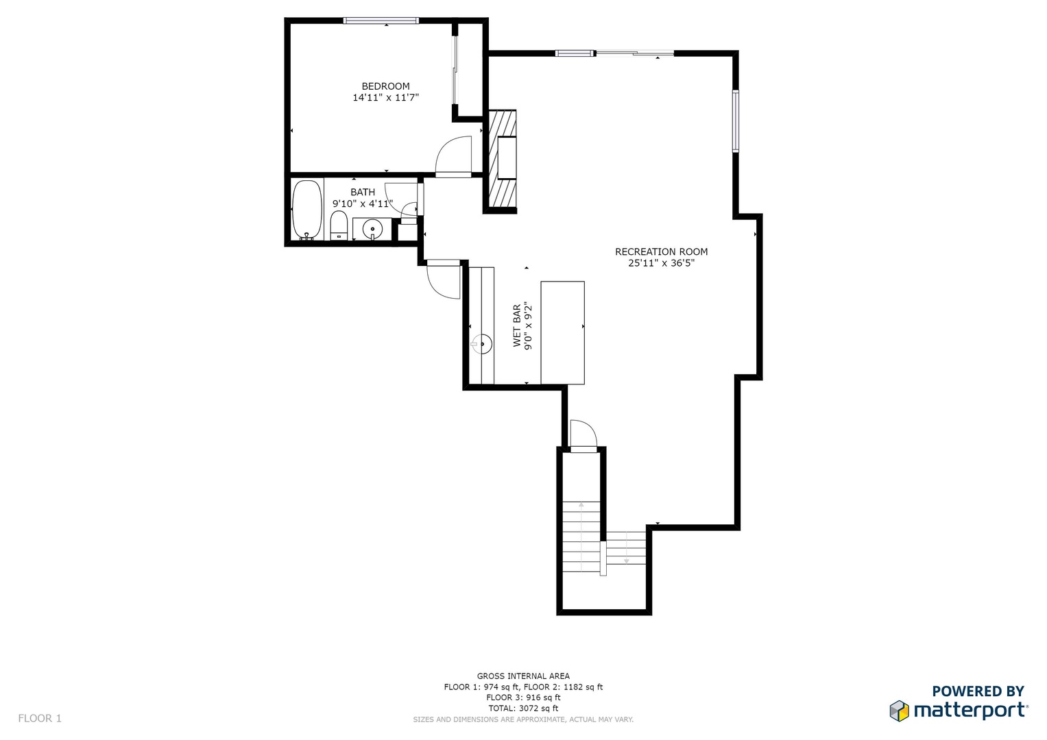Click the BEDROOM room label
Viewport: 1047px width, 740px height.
point(385,86)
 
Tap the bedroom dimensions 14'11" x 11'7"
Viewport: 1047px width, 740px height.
point(385,97)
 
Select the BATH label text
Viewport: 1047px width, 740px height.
point(363,192)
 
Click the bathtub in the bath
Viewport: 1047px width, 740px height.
point(307,210)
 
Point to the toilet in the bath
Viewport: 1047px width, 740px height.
point(339,225)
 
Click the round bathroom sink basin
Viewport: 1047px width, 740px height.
point(372,229)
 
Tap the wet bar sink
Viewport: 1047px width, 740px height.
point(482,345)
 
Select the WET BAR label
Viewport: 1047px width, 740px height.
point(517,325)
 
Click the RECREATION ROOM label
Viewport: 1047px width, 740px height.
point(662,252)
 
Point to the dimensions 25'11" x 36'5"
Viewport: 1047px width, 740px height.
point(662,263)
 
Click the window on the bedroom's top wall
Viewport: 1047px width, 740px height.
point(381,21)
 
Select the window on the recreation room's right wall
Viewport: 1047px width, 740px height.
point(736,121)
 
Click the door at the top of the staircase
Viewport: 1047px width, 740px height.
point(583,436)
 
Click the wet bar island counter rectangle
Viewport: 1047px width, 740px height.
point(563,332)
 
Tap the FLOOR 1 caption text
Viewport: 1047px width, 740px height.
point(40,719)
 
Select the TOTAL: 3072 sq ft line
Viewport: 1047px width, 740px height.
point(524,708)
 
